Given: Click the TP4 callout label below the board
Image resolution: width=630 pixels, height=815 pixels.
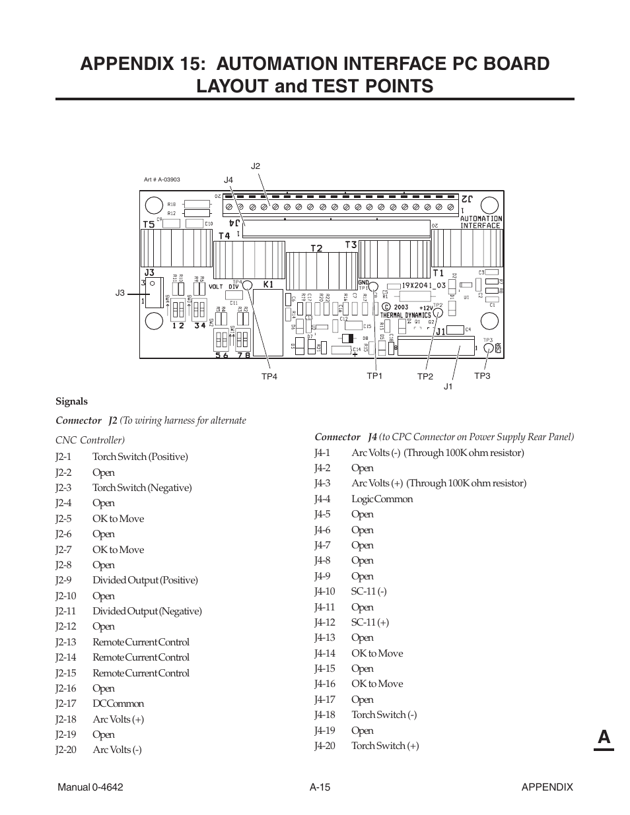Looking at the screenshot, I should (x=269, y=376).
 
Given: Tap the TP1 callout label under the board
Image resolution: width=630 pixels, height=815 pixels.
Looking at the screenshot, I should (x=374, y=375).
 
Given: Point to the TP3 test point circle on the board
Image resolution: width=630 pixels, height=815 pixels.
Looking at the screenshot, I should (x=488, y=348).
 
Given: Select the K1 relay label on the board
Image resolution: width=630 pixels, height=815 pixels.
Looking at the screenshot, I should (x=268, y=284).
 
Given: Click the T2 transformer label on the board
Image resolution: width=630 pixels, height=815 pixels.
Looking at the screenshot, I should (x=317, y=248).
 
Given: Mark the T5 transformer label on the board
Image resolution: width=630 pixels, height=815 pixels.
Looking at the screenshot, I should (x=149, y=224).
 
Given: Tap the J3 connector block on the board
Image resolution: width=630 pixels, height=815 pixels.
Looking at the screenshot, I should (x=154, y=292).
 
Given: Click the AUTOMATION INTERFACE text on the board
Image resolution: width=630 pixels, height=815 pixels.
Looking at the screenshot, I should (x=480, y=222).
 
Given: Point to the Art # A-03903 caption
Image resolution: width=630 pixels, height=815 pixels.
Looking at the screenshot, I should (x=162, y=179).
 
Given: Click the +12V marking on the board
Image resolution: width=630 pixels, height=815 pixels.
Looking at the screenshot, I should (x=426, y=308).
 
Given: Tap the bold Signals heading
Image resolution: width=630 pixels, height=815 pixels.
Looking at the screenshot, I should (x=71, y=401).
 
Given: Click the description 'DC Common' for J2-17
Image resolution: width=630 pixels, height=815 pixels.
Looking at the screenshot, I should (x=118, y=703).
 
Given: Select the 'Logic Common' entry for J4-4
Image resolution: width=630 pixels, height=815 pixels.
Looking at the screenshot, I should (x=382, y=499).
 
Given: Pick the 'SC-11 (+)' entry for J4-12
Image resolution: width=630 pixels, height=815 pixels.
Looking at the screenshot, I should (x=370, y=622).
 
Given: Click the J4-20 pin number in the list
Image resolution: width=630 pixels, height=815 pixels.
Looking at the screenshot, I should (x=325, y=746).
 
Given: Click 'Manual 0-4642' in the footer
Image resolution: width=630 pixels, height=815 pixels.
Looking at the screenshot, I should (x=90, y=787).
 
